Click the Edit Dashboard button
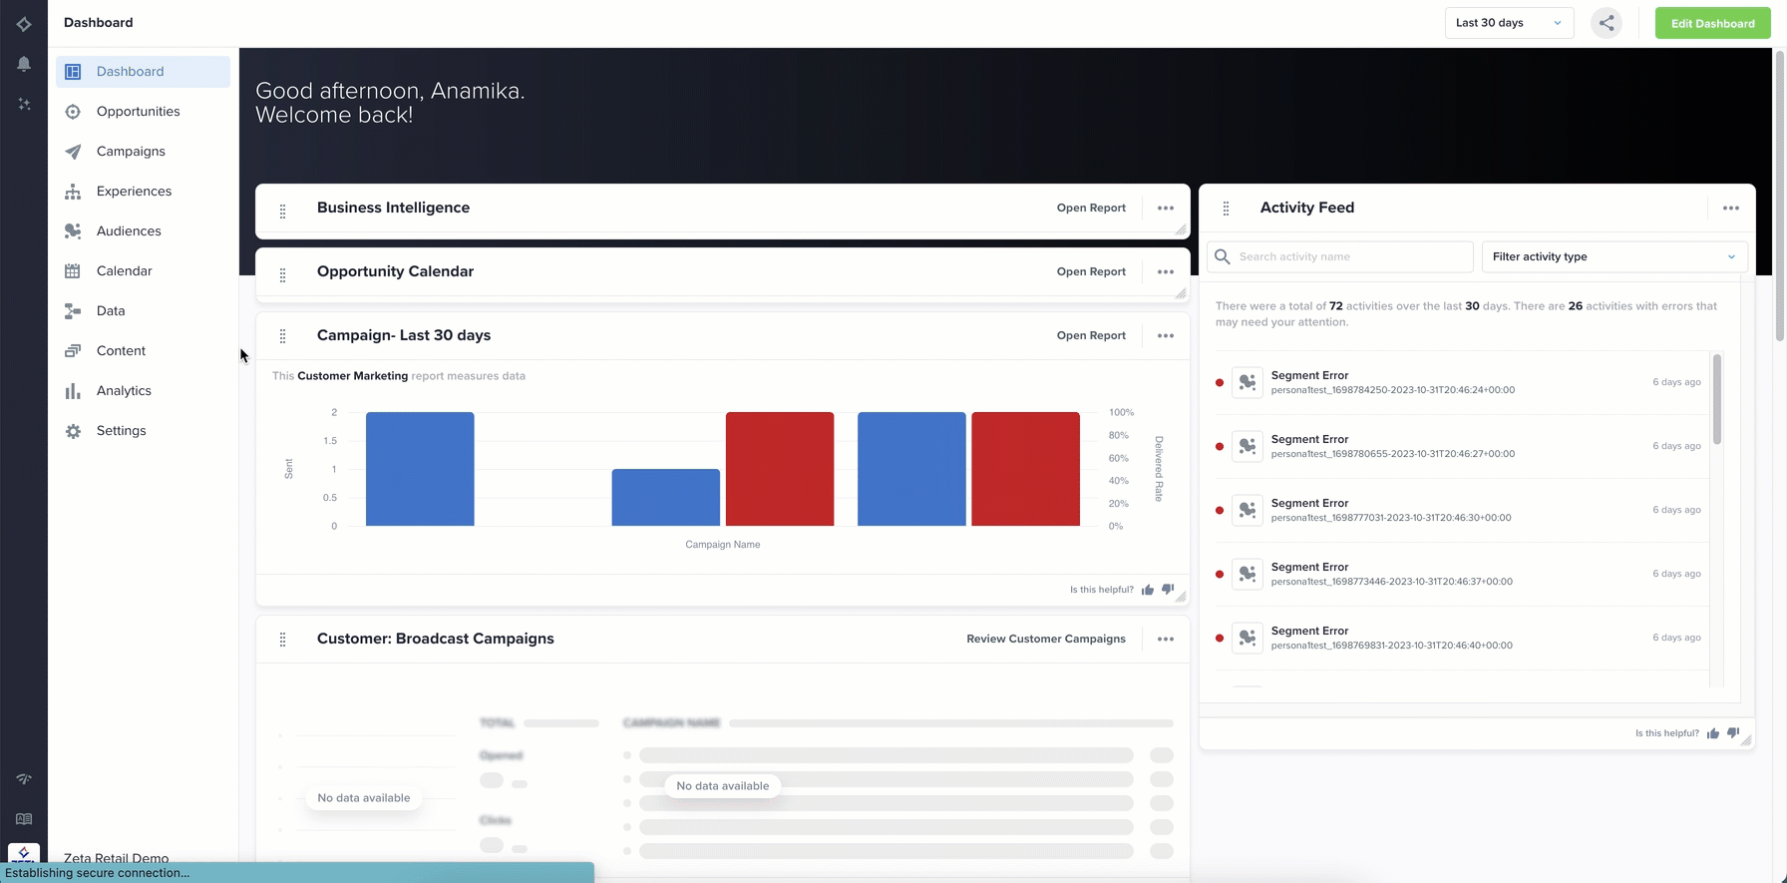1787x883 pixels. pos(1712,23)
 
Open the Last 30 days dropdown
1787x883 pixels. pos(1508,23)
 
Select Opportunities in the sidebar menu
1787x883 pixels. pos(138,112)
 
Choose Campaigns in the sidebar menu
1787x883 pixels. pos(131,152)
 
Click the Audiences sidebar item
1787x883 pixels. pos(129,231)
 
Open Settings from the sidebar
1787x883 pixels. pos(121,431)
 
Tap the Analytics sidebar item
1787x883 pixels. pos(124,391)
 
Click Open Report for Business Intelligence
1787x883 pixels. pos(1091,209)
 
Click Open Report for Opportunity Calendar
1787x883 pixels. pos(1091,272)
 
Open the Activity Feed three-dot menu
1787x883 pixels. pos(1730,209)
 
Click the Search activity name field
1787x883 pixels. pos(1350,257)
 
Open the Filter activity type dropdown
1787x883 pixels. pos(1613,257)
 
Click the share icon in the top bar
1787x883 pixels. pos(1606,23)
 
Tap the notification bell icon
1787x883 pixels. pos(24,64)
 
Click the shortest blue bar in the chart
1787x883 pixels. pos(665,497)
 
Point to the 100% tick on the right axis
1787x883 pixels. pos(1121,412)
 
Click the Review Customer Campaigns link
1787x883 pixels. pos(1045,640)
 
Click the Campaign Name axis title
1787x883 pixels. pos(722,545)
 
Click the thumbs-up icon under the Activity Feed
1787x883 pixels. pos(1712,733)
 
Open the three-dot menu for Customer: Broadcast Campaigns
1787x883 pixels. pos(1165,640)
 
